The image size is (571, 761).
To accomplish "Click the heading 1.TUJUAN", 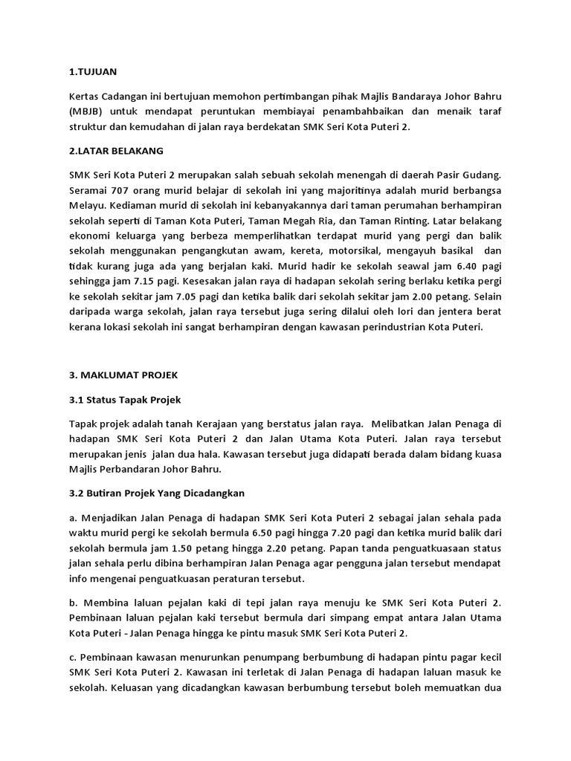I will pyautogui.click(x=93, y=72).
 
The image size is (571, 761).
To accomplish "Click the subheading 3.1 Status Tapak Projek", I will pyautogui.click(x=125, y=400).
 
